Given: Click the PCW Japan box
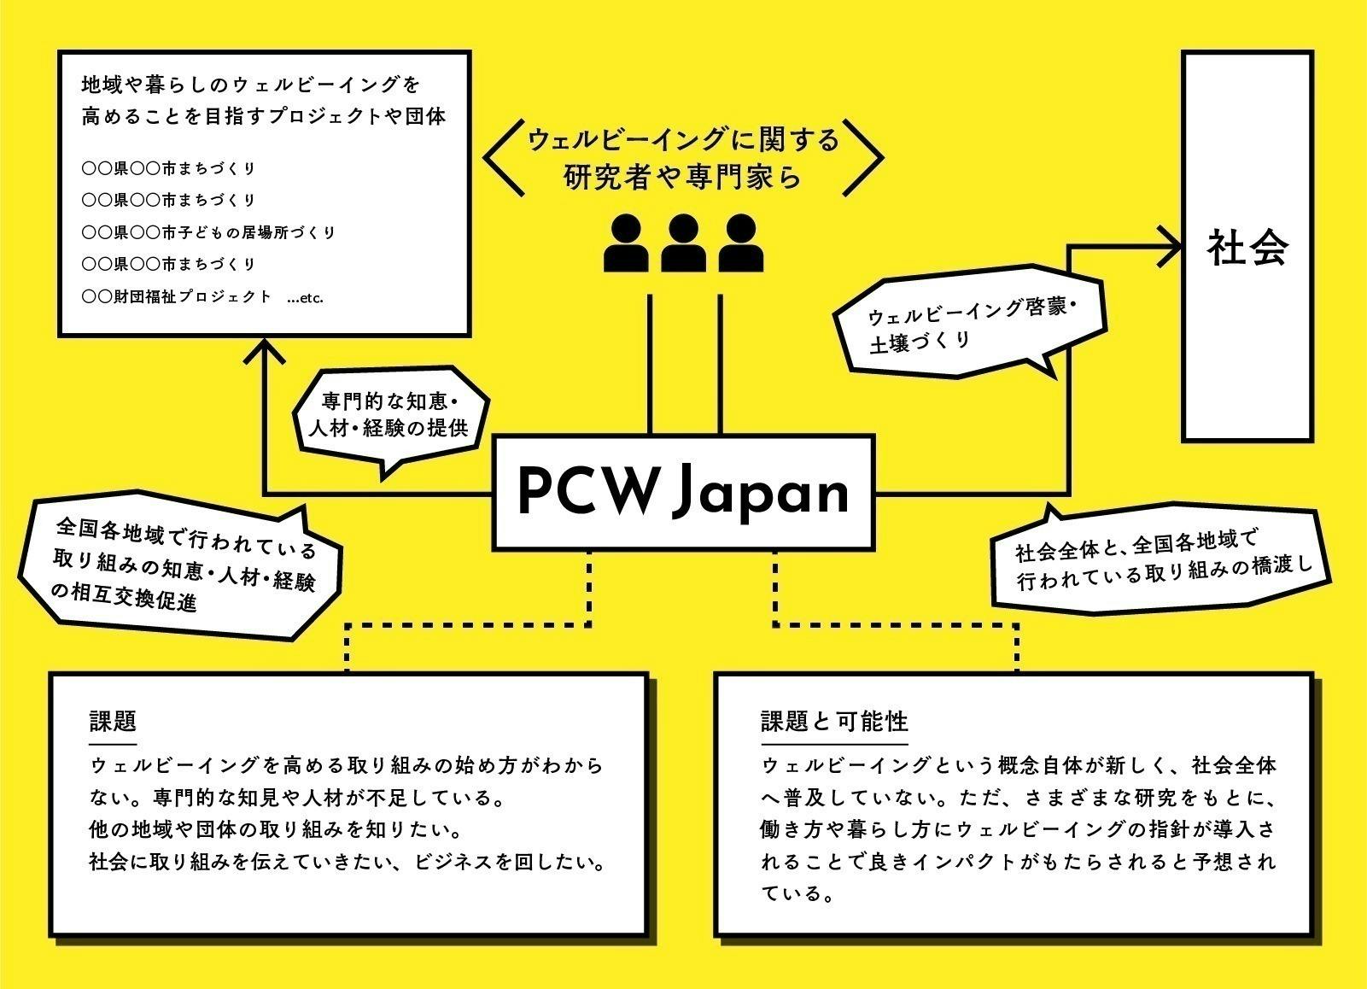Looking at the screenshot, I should click(685, 492).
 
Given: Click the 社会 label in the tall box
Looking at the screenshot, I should click(1247, 248).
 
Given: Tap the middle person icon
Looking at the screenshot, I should click(682, 243).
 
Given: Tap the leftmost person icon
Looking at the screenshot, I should click(626, 243).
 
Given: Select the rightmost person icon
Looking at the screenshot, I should click(739, 243).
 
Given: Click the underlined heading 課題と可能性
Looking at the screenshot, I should click(833, 722).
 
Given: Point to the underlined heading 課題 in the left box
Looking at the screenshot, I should click(113, 722).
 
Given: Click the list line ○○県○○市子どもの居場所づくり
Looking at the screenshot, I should click(208, 232).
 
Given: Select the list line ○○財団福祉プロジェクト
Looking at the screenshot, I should click(176, 297).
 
